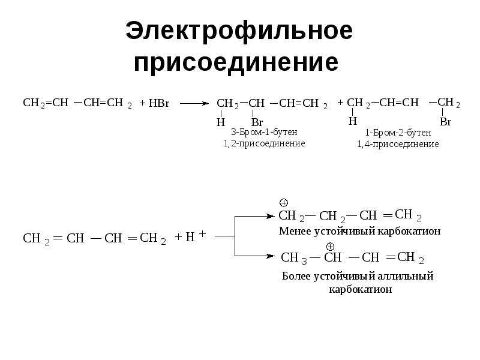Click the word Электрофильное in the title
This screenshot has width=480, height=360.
click(x=239, y=31)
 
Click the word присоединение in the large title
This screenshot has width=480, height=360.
click(x=236, y=63)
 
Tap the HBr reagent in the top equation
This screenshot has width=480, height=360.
click(x=158, y=103)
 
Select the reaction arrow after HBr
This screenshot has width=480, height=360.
click(x=194, y=103)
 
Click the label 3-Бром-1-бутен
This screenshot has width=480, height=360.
click(x=264, y=132)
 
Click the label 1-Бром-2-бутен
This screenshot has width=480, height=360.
click(x=398, y=133)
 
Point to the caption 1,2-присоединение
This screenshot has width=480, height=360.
click(x=264, y=143)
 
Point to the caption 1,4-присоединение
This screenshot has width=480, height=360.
click(x=398, y=144)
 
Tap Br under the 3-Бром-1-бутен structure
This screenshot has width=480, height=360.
click(x=257, y=122)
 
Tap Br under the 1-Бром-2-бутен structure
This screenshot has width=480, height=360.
click(x=445, y=122)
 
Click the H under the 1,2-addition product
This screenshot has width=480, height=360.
click(x=221, y=122)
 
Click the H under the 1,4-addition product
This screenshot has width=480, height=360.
click(x=353, y=121)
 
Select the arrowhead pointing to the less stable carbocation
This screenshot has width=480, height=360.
click(x=271, y=217)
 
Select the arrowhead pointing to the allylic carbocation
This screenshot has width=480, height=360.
click(x=271, y=256)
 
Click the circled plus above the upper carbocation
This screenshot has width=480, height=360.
click(x=284, y=203)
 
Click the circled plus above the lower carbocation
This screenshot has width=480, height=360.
click(x=330, y=247)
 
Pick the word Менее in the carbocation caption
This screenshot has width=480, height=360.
click(x=295, y=231)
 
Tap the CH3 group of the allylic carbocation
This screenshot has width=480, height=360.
click(x=294, y=258)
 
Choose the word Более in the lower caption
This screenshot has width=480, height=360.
click(x=296, y=276)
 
